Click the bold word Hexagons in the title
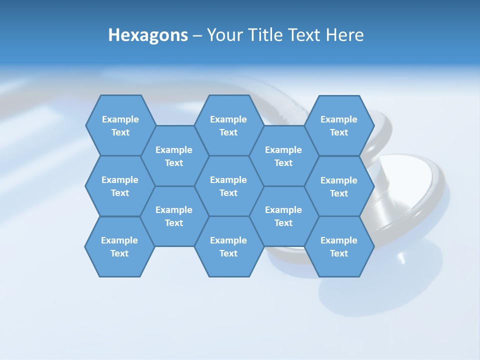coord(148,35)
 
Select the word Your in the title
coord(223,35)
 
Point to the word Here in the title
coord(345,35)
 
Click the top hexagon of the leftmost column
coord(120,125)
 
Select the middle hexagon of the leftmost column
coord(120,186)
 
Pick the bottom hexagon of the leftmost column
coord(119,246)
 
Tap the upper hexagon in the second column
coord(174,156)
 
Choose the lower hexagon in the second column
coord(174,216)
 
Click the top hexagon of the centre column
coord(228,125)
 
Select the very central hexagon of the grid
coord(228,186)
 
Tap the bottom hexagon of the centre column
coord(228,246)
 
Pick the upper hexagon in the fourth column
coord(283,156)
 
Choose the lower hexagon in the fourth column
coord(283,216)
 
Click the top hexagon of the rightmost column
coord(339,125)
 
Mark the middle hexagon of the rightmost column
coord(339,186)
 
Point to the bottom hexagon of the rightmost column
coord(339,246)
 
